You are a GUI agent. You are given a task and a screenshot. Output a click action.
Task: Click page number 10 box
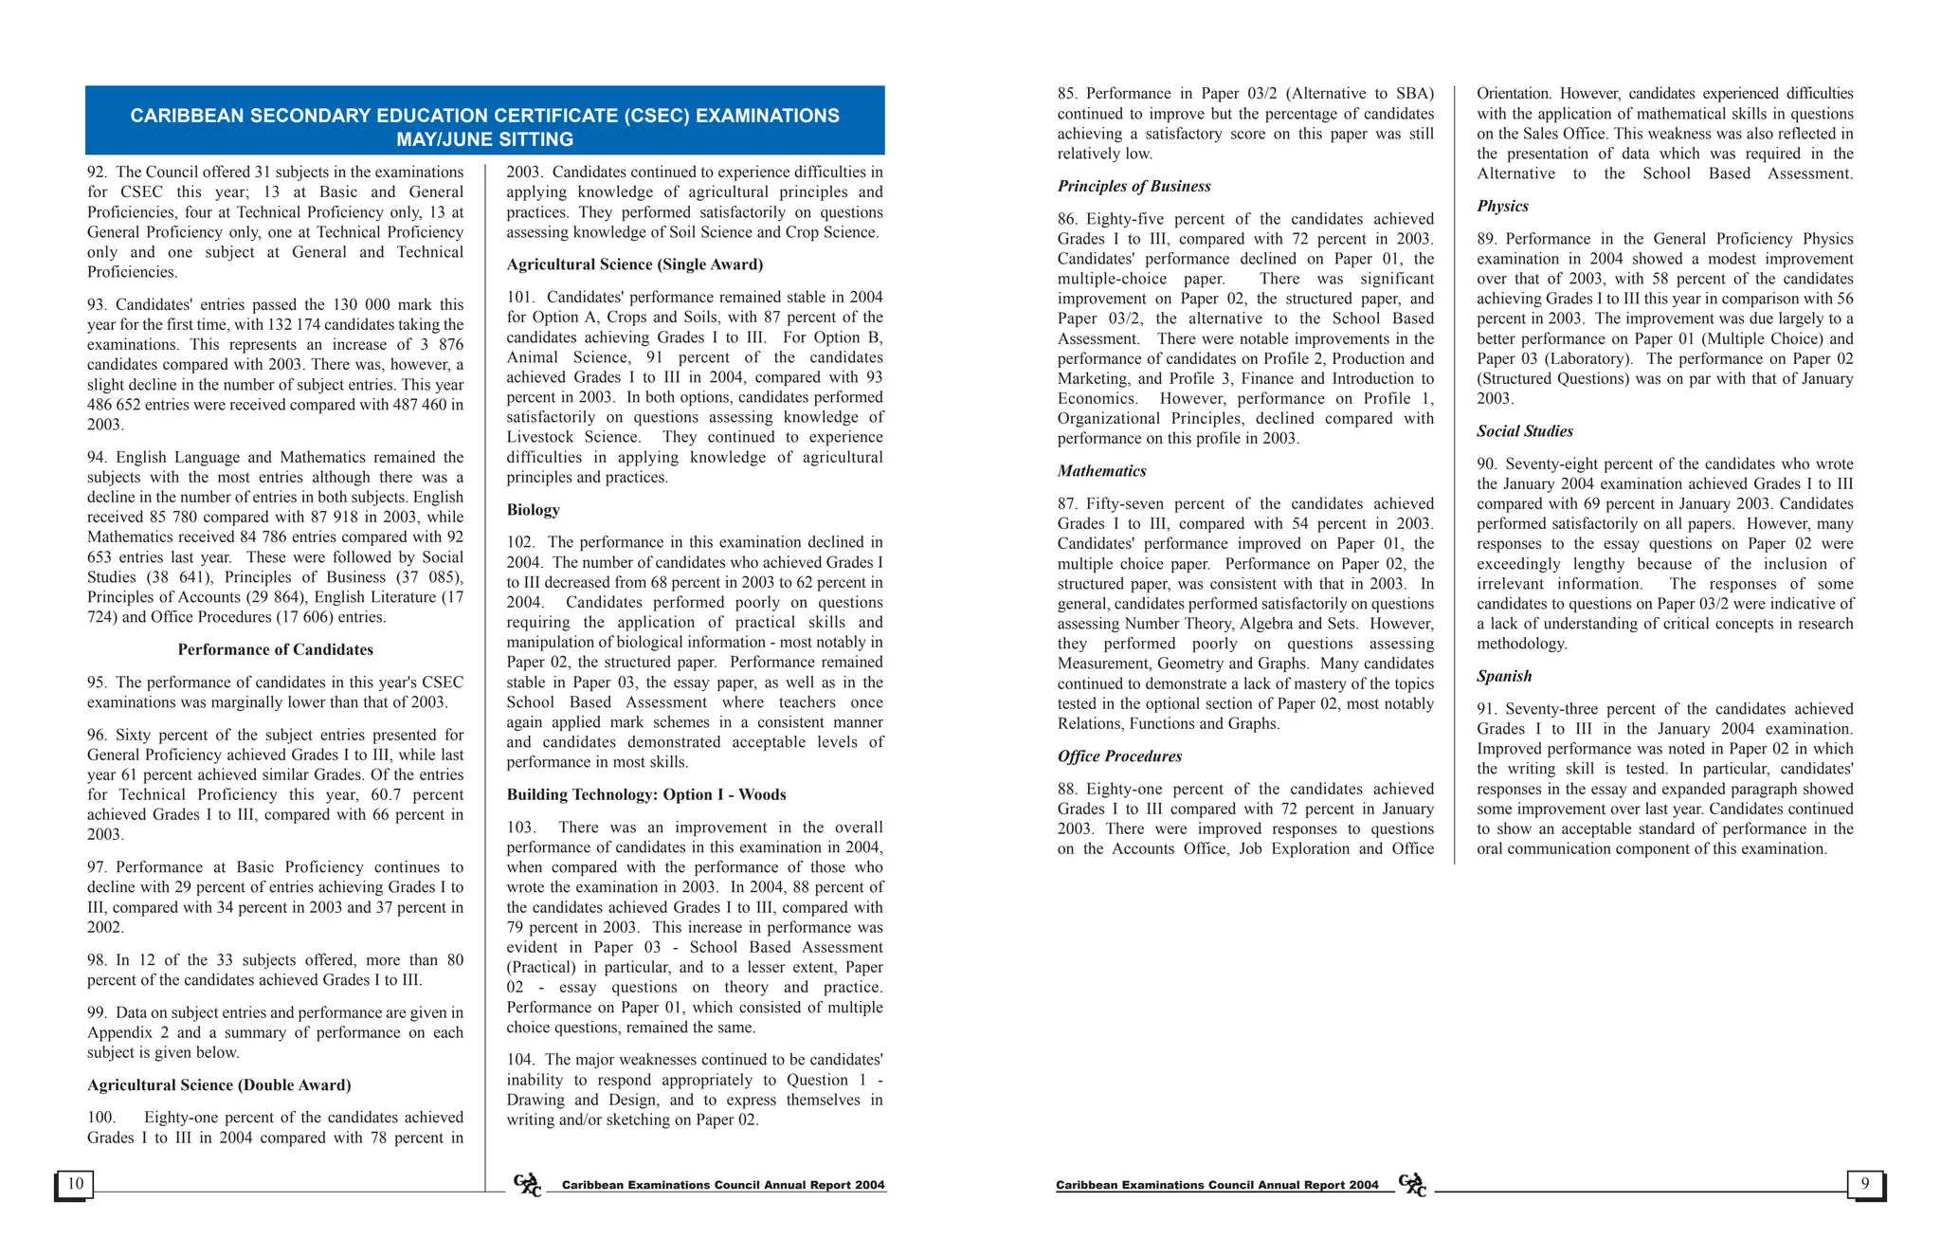(75, 1183)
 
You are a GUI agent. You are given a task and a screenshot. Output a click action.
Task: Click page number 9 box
(1864, 1183)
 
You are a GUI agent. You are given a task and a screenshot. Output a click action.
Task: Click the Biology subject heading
(533, 510)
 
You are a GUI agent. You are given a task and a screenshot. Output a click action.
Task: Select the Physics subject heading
(1502, 207)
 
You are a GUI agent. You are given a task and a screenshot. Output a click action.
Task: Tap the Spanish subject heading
(1504, 677)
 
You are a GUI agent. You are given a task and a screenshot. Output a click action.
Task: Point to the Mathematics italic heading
(1101, 471)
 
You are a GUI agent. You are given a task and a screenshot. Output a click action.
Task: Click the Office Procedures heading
(1119, 756)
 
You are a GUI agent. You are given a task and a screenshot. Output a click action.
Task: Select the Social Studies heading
(1524, 431)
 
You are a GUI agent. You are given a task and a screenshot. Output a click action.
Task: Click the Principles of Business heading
(1134, 187)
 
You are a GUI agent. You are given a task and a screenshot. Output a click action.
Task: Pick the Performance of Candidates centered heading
(275, 650)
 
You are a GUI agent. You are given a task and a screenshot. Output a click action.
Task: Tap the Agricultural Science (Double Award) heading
(219, 1085)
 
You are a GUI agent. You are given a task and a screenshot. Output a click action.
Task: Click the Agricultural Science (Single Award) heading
(634, 264)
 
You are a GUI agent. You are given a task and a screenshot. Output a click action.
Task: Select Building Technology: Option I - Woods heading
(645, 795)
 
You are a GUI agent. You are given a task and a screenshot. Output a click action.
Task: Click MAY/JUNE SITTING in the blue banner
(484, 139)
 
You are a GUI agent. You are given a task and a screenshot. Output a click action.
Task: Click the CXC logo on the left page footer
(527, 1185)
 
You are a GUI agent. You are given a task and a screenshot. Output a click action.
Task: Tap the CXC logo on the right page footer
(1412, 1185)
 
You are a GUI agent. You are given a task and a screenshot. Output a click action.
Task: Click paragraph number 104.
(520, 1060)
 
